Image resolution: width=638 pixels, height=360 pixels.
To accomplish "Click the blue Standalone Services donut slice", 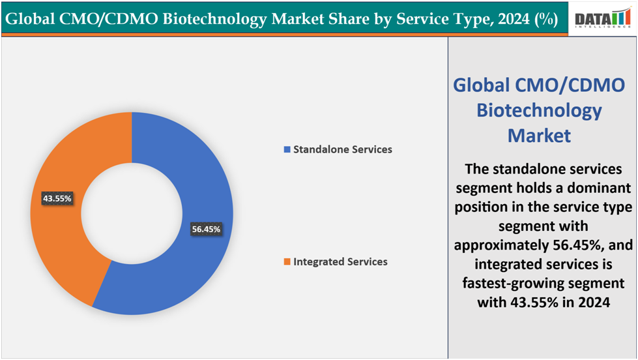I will click(x=196, y=261).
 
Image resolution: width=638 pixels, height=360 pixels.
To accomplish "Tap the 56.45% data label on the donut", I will click(x=206, y=229).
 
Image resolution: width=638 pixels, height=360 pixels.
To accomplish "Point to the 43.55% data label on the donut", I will click(x=57, y=198).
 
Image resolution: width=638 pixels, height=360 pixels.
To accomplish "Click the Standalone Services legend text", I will click(x=342, y=149).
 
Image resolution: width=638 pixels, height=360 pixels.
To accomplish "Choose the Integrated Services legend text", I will click(x=340, y=262).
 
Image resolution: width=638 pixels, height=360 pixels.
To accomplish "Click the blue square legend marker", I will click(x=287, y=150).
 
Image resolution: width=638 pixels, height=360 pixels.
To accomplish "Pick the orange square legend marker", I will click(x=287, y=262).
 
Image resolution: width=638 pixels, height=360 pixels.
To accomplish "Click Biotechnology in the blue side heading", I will click(x=539, y=110).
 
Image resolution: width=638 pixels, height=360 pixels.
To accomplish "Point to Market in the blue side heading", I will click(x=539, y=135).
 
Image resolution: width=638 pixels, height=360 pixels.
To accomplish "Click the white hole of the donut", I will click(x=131, y=213).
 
